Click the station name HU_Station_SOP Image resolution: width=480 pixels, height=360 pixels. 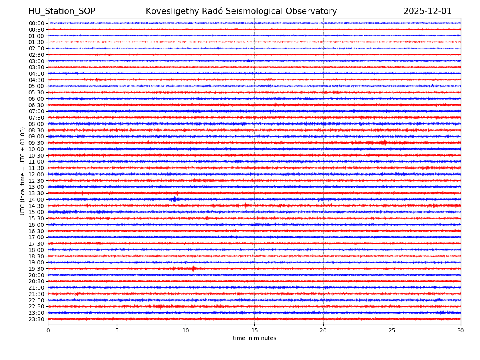point(62,11)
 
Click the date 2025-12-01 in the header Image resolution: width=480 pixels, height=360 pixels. point(427,11)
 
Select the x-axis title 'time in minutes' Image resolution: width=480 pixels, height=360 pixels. point(254,338)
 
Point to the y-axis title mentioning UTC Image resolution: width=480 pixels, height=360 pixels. point(23,171)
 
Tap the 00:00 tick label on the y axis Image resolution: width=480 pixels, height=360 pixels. point(36,23)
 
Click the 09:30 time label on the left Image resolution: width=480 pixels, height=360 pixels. point(36,143)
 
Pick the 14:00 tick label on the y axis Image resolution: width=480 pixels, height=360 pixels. point(36,200)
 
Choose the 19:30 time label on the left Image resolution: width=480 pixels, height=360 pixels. point(36,269)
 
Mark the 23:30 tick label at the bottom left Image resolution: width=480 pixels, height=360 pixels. point(36,319)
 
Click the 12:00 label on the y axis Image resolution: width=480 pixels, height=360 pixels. point(36,174)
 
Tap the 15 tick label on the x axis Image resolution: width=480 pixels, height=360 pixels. point(254,331)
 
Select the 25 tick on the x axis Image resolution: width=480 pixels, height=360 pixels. point(392,331)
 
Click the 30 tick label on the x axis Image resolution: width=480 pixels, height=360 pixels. point(461,331)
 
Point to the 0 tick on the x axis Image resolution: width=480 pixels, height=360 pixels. point(48,331)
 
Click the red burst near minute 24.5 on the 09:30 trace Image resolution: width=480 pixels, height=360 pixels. point(385,142)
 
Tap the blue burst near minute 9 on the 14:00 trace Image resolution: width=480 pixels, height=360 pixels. point(173,199)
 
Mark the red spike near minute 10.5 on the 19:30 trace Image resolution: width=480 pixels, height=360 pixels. point(193,268)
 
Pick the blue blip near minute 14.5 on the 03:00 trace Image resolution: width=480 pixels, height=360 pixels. point(248,61)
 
